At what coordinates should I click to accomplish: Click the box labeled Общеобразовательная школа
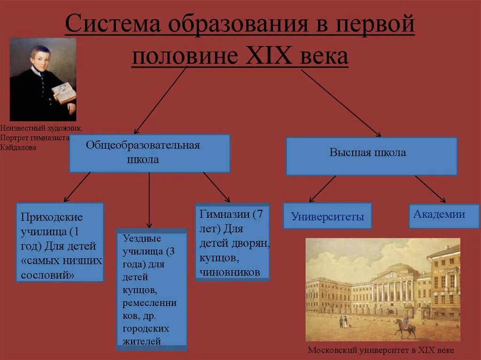(x=149, y=153)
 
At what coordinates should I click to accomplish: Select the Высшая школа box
(x=371, y=156)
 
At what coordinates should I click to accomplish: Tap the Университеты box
(x=327, y=216)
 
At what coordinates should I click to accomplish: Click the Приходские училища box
(x=60, y=242)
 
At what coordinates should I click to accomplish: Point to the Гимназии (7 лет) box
(x=232, y=242)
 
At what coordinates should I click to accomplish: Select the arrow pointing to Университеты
(x=322, y=189)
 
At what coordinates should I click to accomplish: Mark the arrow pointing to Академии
(x=430, y=189)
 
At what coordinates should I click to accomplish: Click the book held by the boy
(x=63, y=92)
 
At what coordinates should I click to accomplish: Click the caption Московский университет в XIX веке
(x=381, y=351)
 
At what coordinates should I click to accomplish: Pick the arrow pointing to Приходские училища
(x=77, y=187)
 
